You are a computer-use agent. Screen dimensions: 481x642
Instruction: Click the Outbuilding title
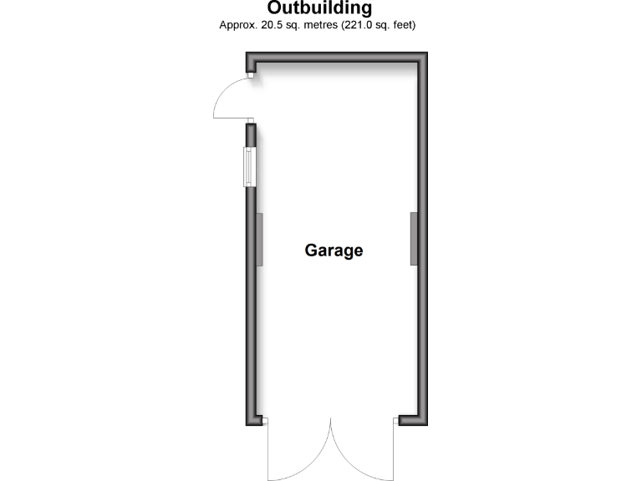coord(320,9)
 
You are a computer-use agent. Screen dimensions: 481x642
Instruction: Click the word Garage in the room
coord(334,250)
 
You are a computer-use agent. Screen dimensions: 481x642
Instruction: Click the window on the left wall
coord(249,167)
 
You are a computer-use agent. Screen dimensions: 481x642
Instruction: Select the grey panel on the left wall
coord(259,240)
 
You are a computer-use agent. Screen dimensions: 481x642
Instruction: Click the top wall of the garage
coord(334,57)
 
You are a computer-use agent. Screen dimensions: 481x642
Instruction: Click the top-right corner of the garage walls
coord(422,57)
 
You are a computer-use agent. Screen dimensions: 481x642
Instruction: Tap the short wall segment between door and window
coord(250,134)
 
